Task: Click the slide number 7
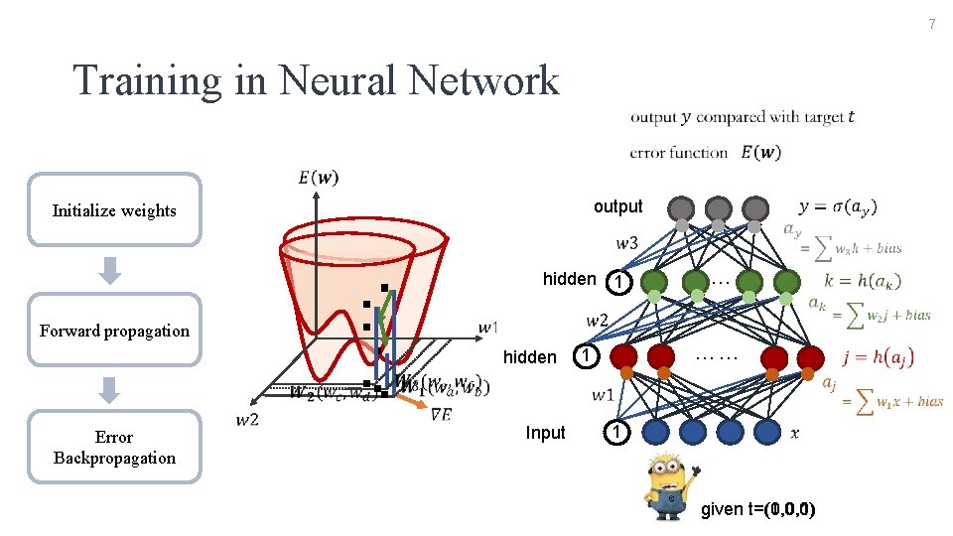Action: pos(932,23)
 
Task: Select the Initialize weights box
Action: pos(114,209)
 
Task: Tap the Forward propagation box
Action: pos(114,331)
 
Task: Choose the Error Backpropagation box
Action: pos(114,447)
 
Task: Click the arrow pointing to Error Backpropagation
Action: pos(112,390)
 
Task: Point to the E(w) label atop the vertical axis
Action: pos(318,179)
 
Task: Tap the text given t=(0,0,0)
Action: pos(758,510)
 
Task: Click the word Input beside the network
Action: pos(545,433)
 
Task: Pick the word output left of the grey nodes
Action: pos(617,206)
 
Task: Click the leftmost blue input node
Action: pos(655,432)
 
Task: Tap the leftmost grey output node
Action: pos(681,207)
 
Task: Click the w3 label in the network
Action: pos(626,243)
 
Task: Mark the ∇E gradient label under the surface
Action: pos(441,415)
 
